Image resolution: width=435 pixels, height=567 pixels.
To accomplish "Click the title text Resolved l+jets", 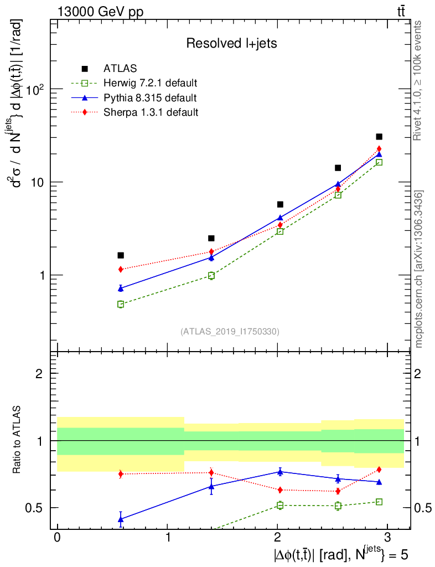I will (231, 43).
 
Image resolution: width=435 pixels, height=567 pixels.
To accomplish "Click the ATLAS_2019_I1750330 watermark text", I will (230, 332).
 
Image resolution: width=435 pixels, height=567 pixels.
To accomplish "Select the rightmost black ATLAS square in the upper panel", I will (379, 136).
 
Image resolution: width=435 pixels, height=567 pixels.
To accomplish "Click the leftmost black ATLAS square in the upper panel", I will (121, 255).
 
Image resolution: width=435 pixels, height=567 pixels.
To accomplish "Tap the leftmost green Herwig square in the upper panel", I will (121, 304).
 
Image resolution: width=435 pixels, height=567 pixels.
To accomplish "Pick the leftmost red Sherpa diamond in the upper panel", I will (121, 269).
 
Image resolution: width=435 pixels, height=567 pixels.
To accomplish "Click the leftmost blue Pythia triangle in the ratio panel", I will (121, 519).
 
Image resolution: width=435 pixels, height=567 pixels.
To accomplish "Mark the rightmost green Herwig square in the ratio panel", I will (379, 502).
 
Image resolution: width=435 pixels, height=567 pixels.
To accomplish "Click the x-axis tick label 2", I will (278, 539).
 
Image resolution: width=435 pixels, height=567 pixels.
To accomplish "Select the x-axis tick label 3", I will (387, 539).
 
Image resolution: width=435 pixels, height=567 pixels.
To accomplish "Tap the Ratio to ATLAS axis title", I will (17, 440).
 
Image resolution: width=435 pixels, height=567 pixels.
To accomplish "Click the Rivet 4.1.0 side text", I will (418, 80).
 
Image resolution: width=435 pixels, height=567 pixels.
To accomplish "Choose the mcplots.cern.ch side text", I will (419, 269).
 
